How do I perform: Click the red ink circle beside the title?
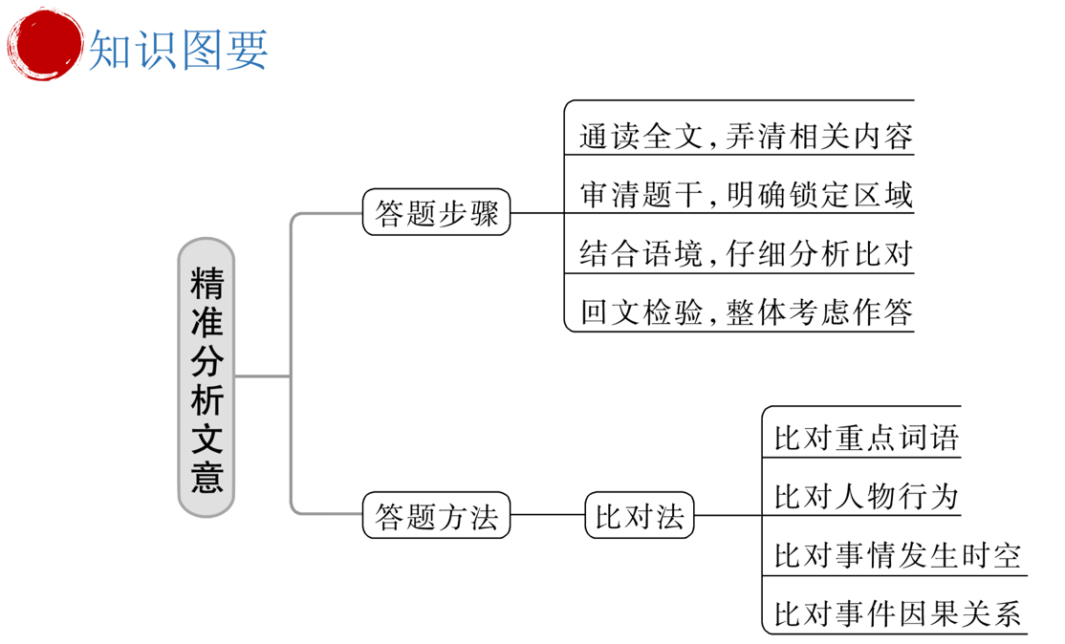(43, 43)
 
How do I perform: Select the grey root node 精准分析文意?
(206, 377)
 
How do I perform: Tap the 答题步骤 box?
(437, 213)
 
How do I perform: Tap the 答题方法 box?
(437, 517)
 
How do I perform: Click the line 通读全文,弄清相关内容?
(746, 137)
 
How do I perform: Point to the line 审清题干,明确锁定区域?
(746, 196)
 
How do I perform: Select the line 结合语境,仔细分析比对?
(746, 254)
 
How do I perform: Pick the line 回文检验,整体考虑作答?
(746, 312)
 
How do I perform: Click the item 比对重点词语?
(866, 439)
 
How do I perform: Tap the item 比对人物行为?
(866, 497)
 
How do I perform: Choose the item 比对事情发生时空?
(897, 555)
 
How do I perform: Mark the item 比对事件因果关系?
(897, 612)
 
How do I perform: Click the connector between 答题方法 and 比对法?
(548, 517)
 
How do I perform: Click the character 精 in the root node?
(206, 282)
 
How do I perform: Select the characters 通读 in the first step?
(609, 137)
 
